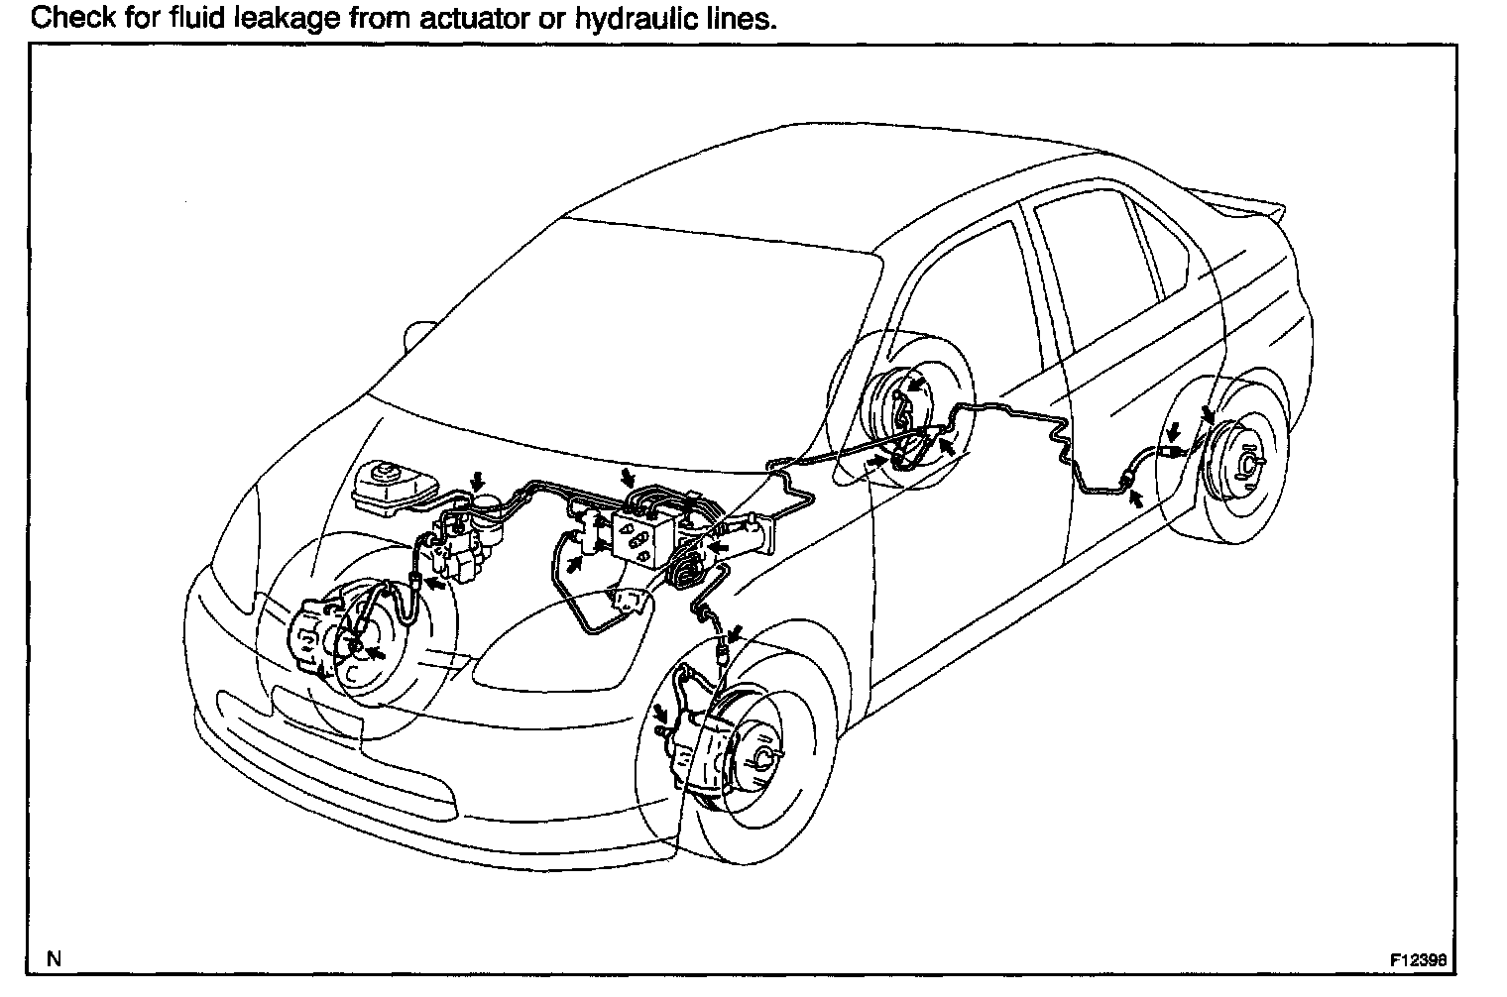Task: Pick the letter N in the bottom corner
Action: pyautogui.click(x=56, y=959)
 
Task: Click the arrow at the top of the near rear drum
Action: pyautogui.click(x=1208, y=414)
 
